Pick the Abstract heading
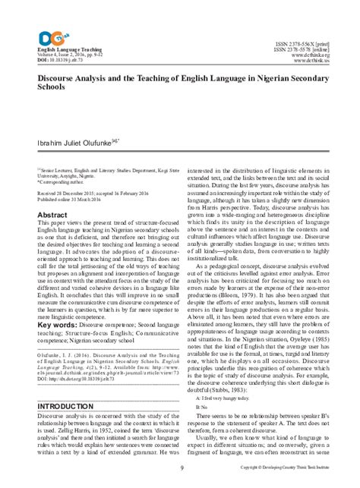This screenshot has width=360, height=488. (x=41, y=215)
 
